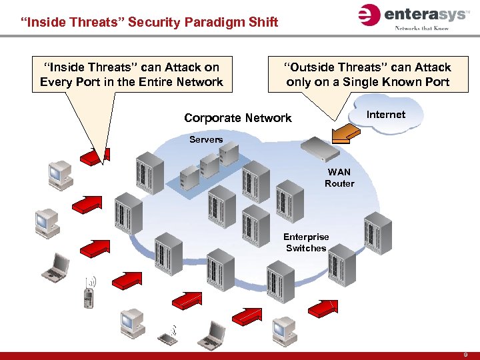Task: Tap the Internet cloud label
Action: click(x=386, y=115)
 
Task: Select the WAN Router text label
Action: click(x=339, y=178)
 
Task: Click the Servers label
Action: click(x=206, y=139)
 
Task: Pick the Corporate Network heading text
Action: click(x=238, y=118)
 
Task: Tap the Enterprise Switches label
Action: click(x=306, y=243)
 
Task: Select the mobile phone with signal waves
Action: click(x=88, y=293)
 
